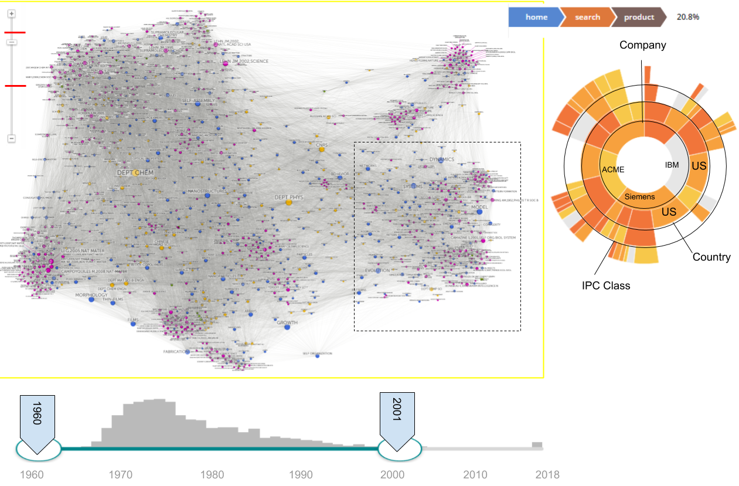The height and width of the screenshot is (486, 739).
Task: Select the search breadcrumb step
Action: pyautogui.click(x=587, y=17)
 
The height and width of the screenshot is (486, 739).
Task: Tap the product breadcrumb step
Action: pyautogui.click(x=638, y=17)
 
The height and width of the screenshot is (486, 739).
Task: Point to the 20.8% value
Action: pyautogui.click(x=687, y=17)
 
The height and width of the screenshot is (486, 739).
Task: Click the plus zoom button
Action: pyautogui.click(x=12, y=13)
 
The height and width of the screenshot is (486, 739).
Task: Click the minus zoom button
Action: pyautogui.click(x=12, y=138)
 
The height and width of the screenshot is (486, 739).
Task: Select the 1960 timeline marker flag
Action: pyautogui.click(x=36, y=417)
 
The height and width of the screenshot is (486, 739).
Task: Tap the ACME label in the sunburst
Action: pyautogui.click(x=613, y=169)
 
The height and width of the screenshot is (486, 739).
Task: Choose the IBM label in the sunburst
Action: pyautogui.click(x=672, y=165)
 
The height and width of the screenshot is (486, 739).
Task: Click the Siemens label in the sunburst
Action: pyautogui.click(x=639, y=196)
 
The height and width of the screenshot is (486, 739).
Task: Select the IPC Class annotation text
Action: pyautogui.click(x=606, y=286)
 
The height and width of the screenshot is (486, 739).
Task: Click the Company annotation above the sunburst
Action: pyautogui.click(x=643, y=45)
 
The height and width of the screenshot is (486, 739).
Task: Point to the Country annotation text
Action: pyautogui.click(x=711, y=257)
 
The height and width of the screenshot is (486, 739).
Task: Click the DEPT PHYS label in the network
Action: pyautogui.click(x=288, y=198)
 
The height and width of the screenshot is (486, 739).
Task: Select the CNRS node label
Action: pyautogui.click(x=322, y=144)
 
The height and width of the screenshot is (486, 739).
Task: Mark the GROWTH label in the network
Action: pyautogui.click(x=287, y=322)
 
